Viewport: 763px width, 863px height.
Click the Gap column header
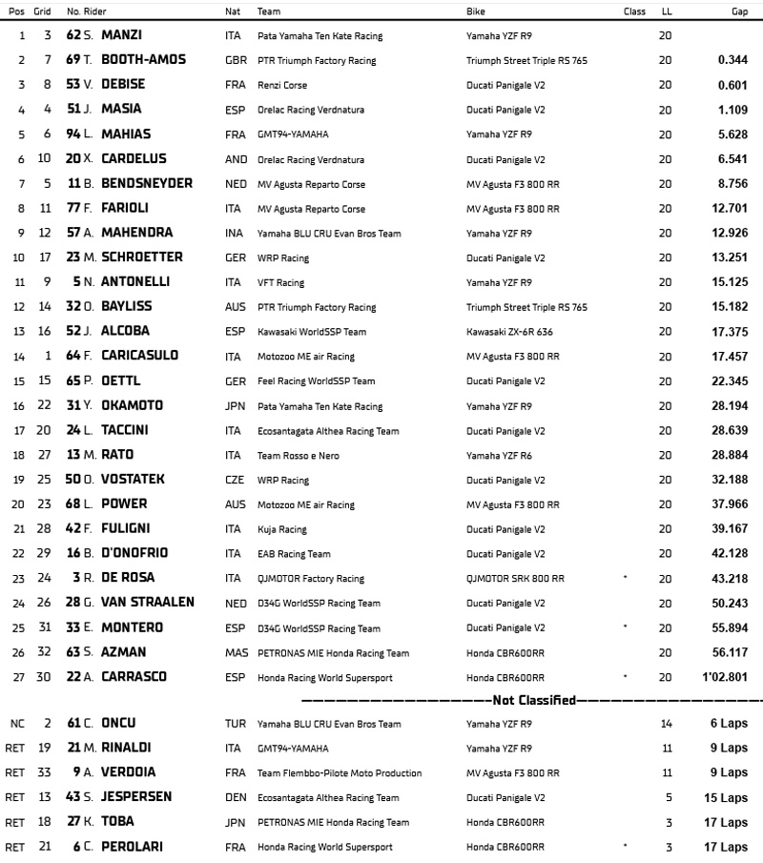735,11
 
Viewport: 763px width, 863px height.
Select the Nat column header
232,11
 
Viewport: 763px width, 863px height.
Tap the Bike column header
475,11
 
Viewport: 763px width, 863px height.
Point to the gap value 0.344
731,60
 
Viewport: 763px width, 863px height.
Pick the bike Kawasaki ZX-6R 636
509,332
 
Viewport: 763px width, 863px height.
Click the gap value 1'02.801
727,677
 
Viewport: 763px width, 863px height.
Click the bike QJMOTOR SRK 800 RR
515,578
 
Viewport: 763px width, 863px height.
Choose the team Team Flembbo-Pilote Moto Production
340,773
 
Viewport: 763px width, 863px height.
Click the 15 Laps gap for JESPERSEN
728,798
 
